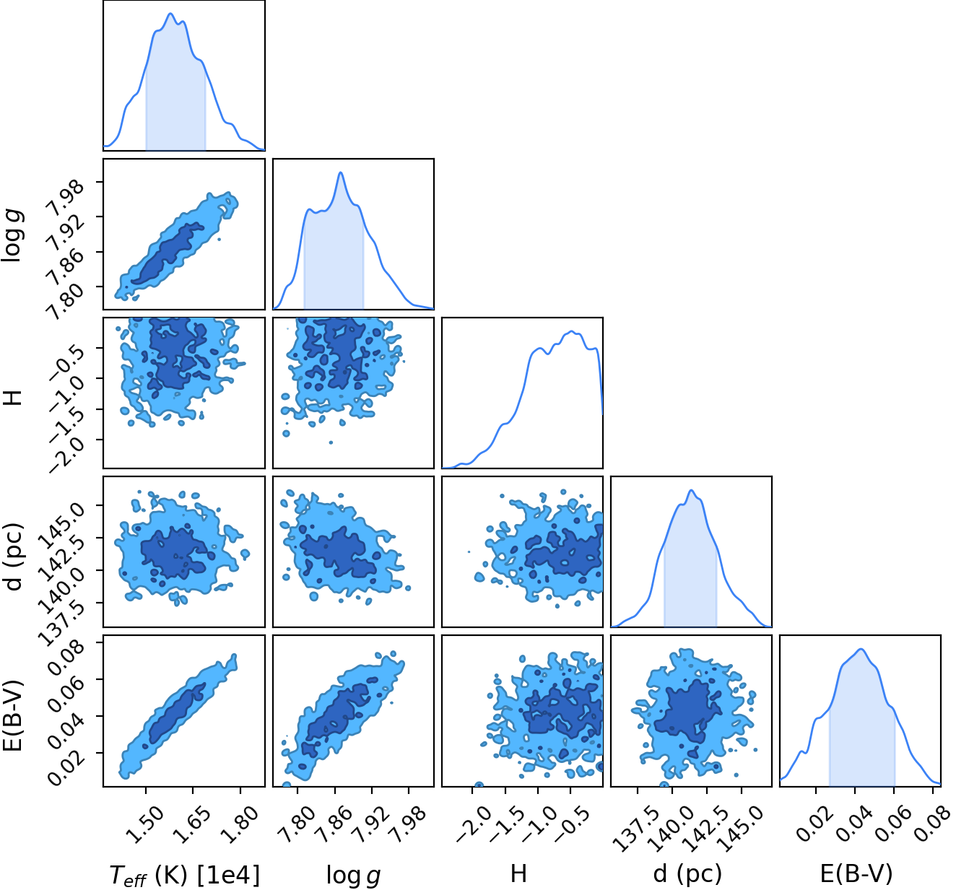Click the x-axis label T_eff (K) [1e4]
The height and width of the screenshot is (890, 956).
pos(185,875)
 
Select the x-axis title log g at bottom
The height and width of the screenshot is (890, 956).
pos(354,876)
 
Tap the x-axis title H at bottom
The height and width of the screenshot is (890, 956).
pos(518,873)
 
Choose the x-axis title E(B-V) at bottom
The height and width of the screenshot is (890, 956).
pos(856,874)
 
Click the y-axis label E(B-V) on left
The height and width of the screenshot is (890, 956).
pos(14,716)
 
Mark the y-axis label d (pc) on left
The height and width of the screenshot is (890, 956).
pos(14,557)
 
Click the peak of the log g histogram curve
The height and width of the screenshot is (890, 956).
pos(341,173)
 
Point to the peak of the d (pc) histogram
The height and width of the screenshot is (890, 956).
pos(692,490)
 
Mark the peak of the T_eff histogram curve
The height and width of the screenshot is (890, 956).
pos(170,14)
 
